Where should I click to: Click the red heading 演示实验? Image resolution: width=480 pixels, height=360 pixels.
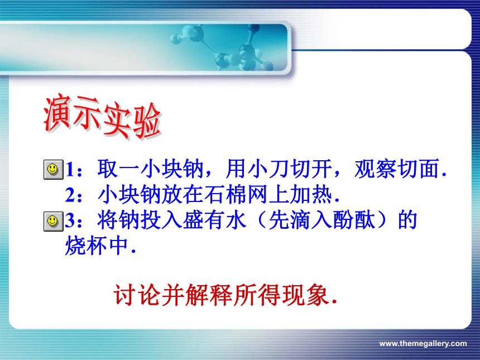pos(103,117)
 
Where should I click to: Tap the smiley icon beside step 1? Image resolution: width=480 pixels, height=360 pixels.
pos(53,169)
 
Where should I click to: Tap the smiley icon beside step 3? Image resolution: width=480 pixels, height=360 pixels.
pos(53,221)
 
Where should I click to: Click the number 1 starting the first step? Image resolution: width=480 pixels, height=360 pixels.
pos(70,169)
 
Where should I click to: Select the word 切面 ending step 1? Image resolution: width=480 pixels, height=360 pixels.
pos(419,169)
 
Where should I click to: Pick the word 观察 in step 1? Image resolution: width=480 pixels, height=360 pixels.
pos(376,169)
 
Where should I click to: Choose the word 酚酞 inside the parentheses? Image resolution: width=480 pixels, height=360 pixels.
pos(354,220)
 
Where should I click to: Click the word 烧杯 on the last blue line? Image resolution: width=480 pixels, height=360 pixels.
pos(86,246)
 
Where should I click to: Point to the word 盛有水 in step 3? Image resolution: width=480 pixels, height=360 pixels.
pos(214,220)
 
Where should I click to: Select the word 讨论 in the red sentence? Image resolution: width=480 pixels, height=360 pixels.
pos(137,295)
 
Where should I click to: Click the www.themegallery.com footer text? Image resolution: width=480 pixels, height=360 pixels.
pos(423,343)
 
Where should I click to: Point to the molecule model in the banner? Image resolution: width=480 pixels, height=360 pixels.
pos(223,47)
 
